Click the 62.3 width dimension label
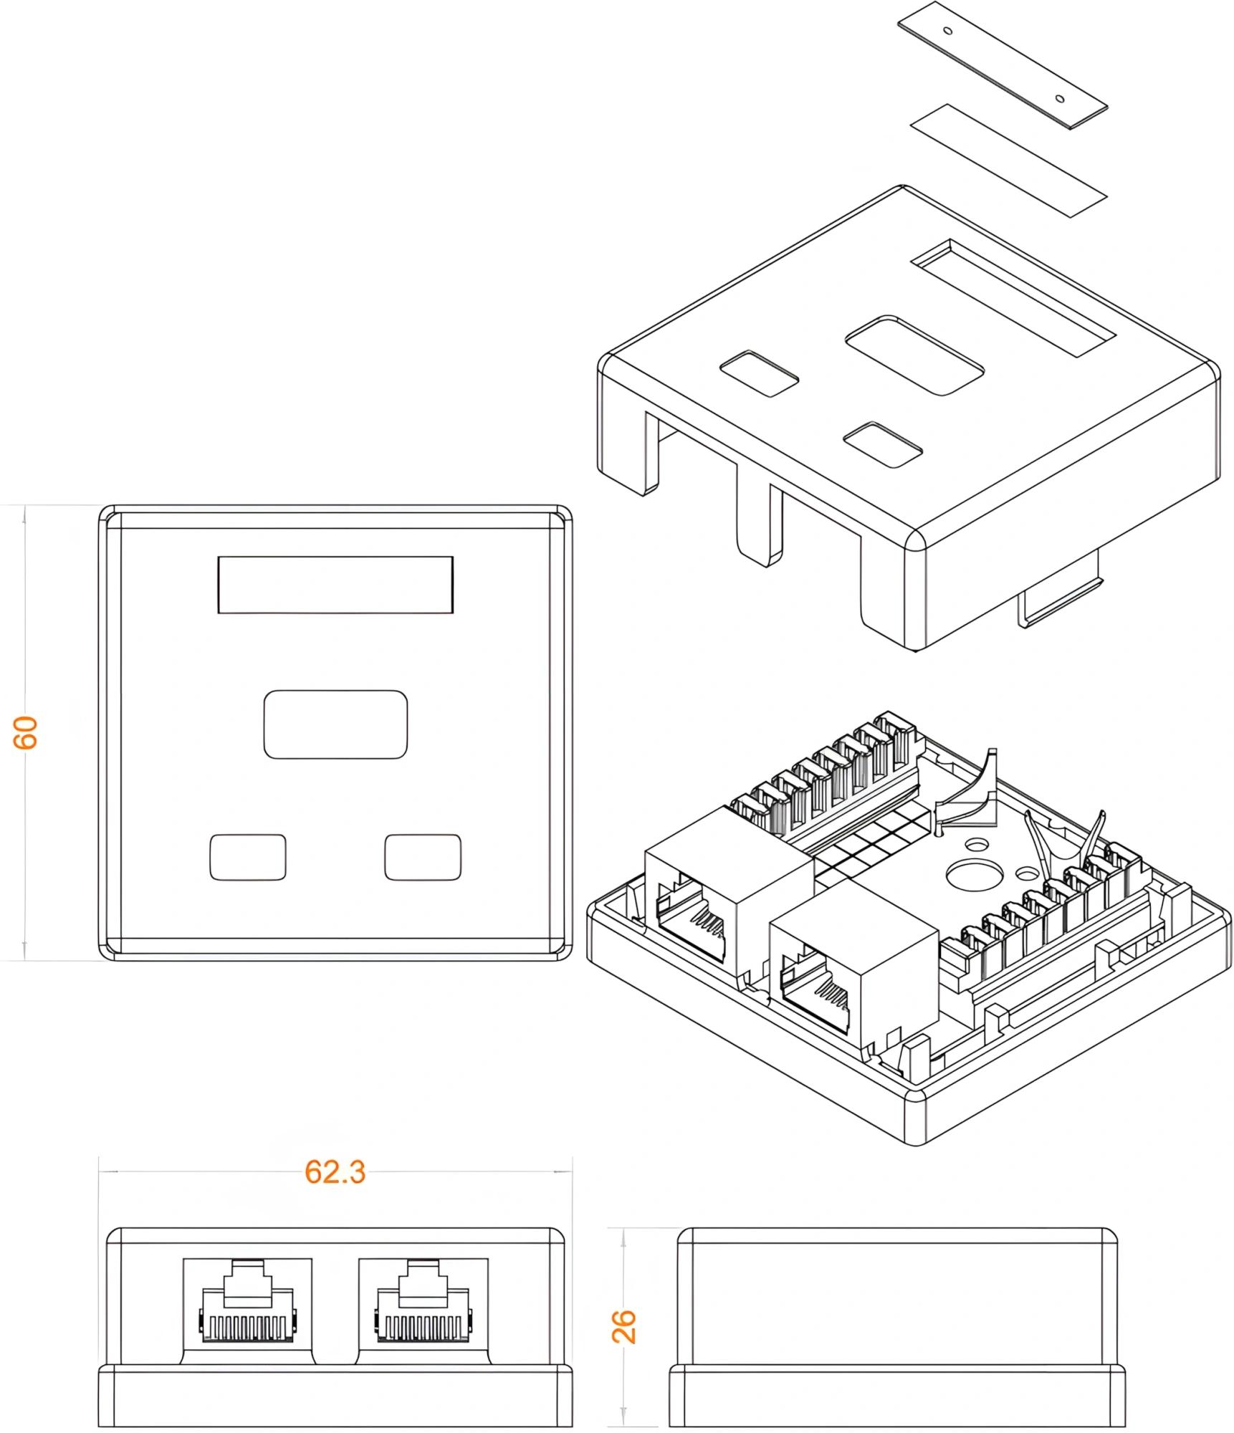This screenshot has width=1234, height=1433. click(x=335, y=1171)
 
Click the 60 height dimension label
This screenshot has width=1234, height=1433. click(x=27, y=732)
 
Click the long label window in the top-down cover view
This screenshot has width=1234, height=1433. click(x=335, y=585)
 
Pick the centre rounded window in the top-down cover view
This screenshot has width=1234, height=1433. click(x=335, y=724)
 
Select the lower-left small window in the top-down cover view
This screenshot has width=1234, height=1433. click(x=247, y=857)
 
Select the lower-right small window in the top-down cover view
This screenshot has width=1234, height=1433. click(x=423, y=857)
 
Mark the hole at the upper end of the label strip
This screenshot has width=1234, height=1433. click(x=947, y=31)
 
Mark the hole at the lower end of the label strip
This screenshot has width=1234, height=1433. click(x=1060, y=97)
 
